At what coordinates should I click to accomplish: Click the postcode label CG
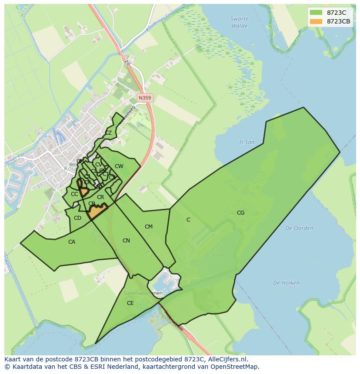coord(240,212)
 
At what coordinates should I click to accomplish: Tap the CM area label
coord(149,227)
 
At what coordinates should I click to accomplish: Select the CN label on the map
coord(126,241)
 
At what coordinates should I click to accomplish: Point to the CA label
coord(72,242)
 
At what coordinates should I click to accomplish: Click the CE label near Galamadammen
coord(130,303)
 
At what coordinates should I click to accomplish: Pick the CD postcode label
coord(77,218)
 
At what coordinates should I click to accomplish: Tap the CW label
coord(119,166)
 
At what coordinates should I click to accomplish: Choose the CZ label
coord(108,133)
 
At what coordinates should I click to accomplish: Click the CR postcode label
coord(100,197)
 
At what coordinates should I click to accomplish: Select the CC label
coord(74,194)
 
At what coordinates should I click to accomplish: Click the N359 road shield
coord(145,98)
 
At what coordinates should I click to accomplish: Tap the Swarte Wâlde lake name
coord(240,22)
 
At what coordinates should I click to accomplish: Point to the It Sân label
coord(247,142)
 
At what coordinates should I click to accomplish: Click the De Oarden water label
coord(299,228)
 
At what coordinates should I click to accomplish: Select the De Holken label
coord(286,283)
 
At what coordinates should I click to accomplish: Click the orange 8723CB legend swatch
coord(316,21)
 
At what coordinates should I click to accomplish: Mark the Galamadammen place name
coord(143,293)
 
